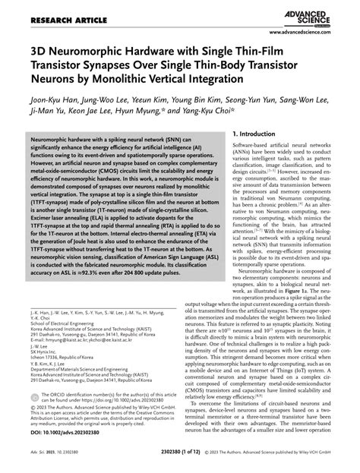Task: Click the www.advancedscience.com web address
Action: click(x=312, y=33)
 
